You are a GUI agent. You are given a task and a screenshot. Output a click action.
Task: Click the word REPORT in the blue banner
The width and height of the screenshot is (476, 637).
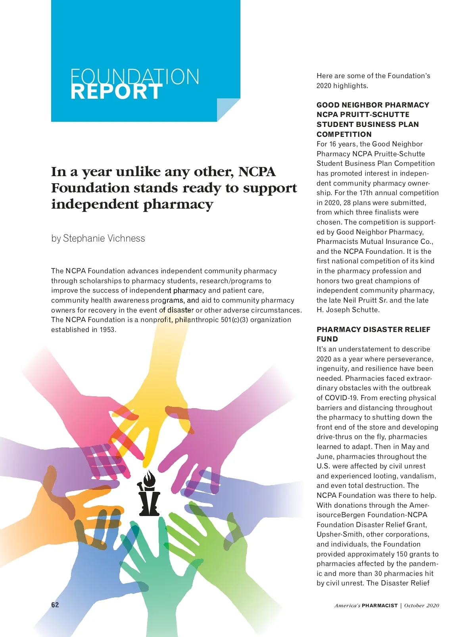117,92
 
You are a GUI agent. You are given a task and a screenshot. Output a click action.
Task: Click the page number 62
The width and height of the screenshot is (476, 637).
55,605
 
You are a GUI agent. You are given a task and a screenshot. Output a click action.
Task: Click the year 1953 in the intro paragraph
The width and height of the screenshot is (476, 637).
107,330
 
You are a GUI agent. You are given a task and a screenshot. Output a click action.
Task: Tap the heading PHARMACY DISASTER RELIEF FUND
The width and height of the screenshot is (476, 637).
373,334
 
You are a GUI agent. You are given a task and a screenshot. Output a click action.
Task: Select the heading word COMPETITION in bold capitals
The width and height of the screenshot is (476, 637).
344,134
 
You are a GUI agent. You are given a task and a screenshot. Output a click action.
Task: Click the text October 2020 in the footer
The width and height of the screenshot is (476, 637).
422,605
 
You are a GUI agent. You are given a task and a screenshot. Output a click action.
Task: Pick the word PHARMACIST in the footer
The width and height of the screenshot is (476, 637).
380,605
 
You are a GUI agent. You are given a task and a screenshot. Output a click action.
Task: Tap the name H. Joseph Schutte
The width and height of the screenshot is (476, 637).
347,310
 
